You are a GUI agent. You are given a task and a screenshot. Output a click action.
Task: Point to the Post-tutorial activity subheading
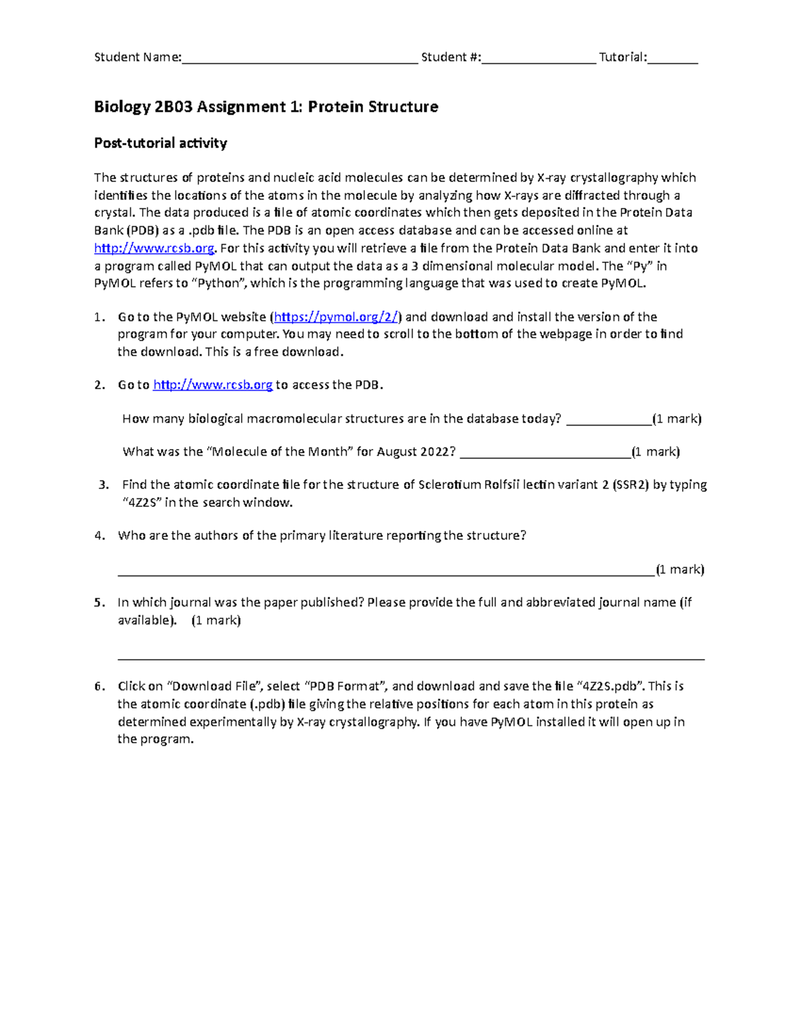(160, 143)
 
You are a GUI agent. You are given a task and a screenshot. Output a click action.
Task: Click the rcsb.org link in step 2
(212, 385)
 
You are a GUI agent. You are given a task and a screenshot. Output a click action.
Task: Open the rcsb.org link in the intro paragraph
(154, 248)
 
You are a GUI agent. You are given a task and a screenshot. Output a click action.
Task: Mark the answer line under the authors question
(386, 572)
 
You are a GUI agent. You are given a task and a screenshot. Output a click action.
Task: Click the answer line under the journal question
(411, 657)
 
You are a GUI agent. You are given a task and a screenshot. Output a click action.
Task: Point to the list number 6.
(99, 686)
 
